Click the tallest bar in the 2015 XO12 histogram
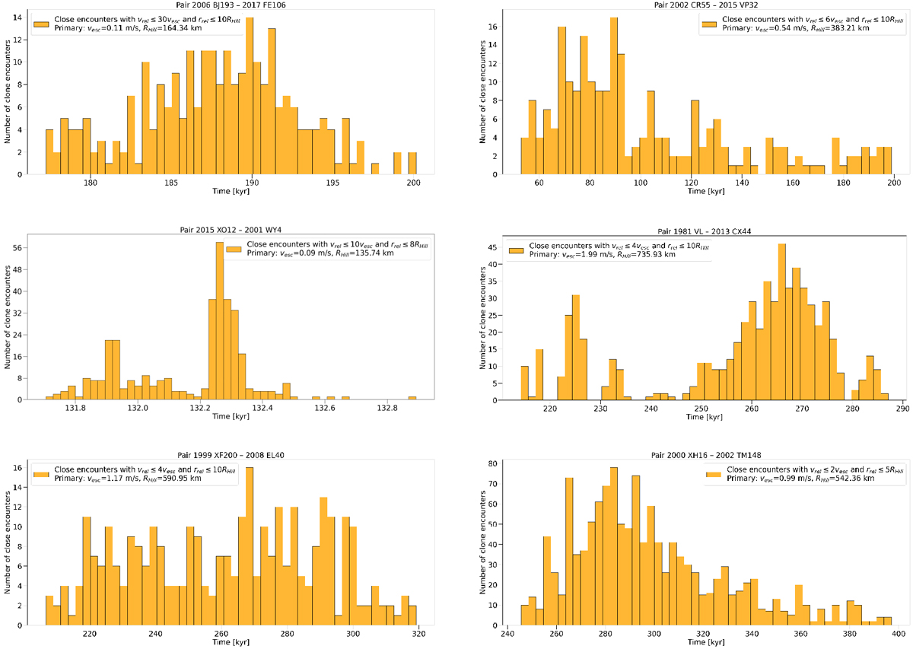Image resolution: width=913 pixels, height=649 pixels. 219,320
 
